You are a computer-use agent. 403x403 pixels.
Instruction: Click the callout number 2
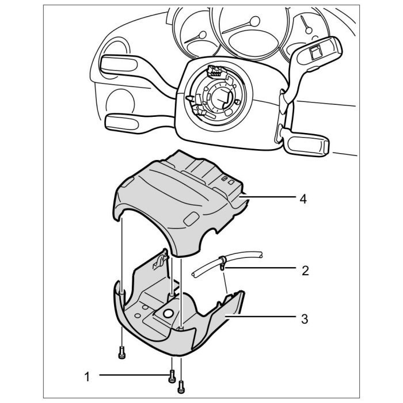(x=305, y=269)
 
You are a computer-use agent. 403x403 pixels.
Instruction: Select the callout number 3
(x=305, y=317)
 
